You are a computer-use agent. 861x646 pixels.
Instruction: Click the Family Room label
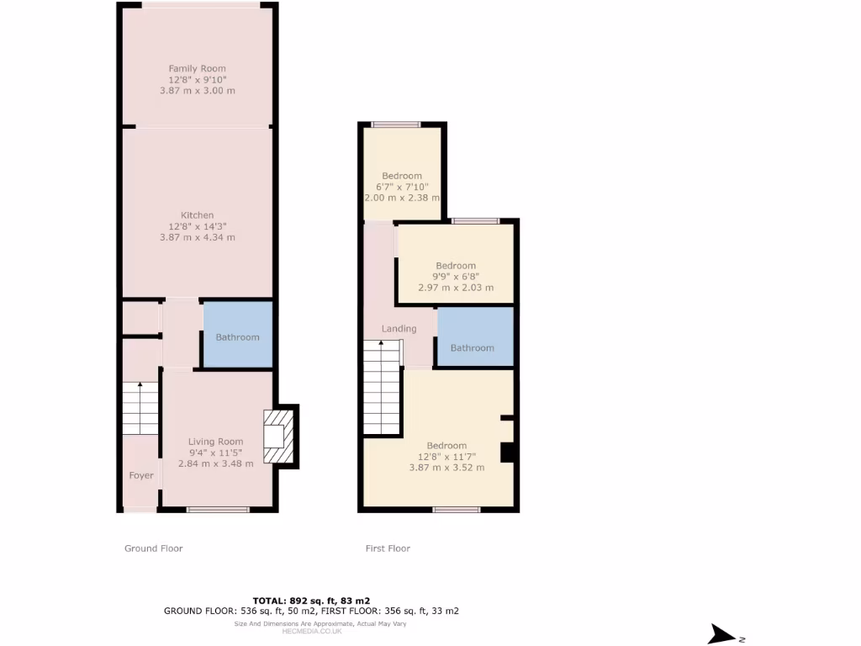pos(197,68)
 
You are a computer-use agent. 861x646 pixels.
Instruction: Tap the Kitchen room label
pos(197,215)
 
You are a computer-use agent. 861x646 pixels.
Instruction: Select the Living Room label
pos(215,442)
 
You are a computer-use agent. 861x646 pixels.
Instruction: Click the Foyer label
pos(141,476)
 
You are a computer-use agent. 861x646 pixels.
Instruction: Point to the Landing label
pos(399,329)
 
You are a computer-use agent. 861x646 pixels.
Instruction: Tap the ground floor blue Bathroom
pos(238,336)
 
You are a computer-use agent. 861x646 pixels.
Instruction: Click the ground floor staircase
pos(140,408)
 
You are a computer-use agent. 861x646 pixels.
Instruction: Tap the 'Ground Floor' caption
pos(153,548)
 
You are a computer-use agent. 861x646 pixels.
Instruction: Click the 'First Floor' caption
pos(388,548)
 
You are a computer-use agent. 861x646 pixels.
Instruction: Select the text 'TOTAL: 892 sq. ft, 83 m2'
pos(312,600)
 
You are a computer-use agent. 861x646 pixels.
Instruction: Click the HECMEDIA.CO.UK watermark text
pos(312,631)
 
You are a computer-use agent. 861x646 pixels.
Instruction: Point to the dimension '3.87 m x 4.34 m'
pos(197,238)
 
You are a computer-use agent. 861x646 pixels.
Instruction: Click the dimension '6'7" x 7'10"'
pos(401,187)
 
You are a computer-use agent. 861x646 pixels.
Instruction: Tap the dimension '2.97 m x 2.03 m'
pos(455,287)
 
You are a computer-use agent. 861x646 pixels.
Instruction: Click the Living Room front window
pos(218,509)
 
